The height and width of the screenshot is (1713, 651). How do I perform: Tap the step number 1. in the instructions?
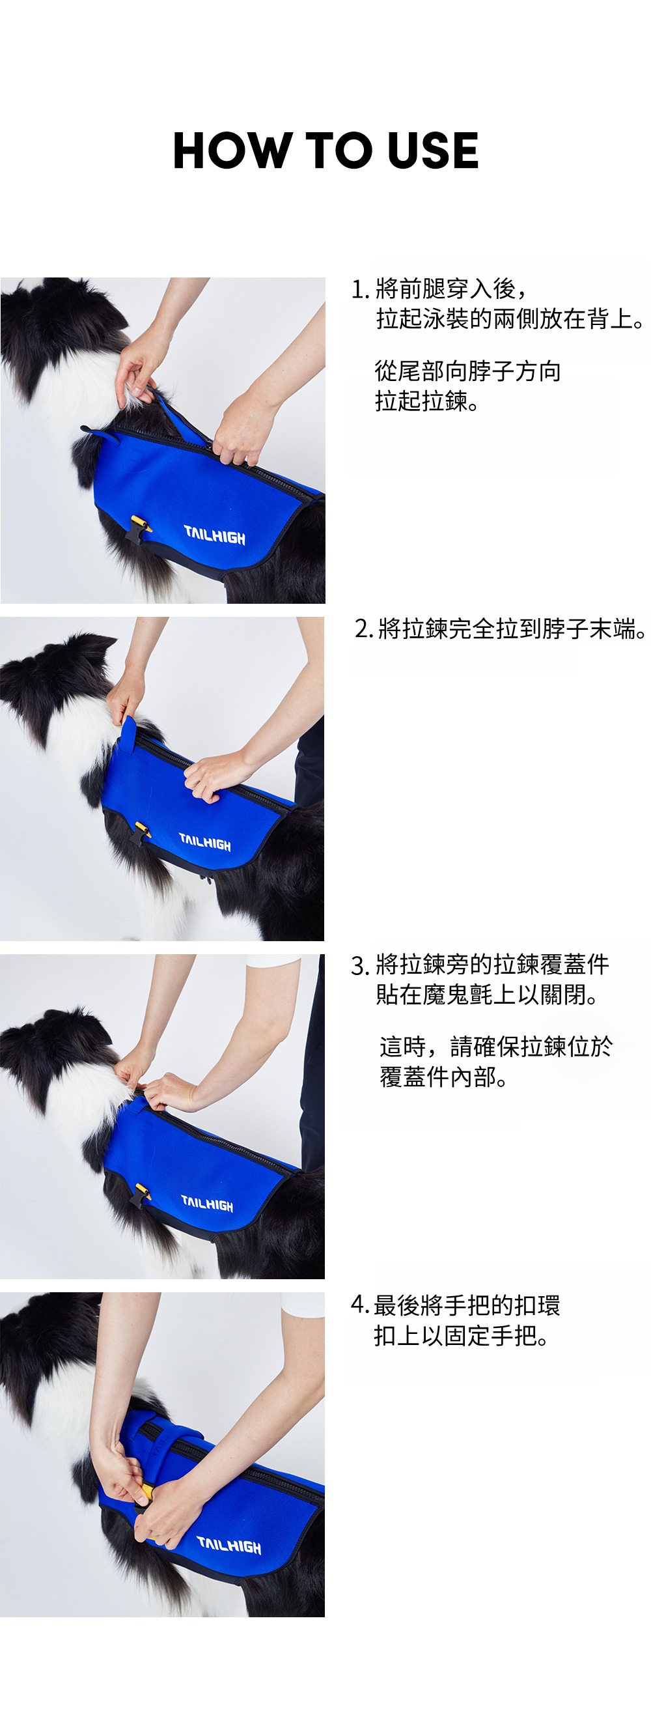[360, 290]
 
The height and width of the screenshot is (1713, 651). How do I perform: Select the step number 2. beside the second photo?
[364, 629]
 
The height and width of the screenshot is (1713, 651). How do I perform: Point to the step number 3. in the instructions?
[360, 965]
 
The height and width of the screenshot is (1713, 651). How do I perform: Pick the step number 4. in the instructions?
[360, 1305]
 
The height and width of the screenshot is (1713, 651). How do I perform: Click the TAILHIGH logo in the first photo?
[214, 535]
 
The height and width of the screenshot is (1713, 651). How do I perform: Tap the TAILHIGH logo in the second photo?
[205, 842]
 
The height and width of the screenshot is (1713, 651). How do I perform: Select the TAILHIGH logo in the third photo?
[207, 1203]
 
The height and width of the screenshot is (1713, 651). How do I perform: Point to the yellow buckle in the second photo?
[141, 829]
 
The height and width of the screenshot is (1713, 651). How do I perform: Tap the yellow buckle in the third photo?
[142, 1193]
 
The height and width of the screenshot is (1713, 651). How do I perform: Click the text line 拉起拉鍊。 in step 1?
[426, 401]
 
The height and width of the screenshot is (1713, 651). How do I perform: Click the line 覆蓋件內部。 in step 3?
[443, 1077]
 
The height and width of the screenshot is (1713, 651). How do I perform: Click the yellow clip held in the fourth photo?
[145, 1493]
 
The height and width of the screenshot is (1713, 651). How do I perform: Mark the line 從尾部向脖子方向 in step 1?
[467, 371]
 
